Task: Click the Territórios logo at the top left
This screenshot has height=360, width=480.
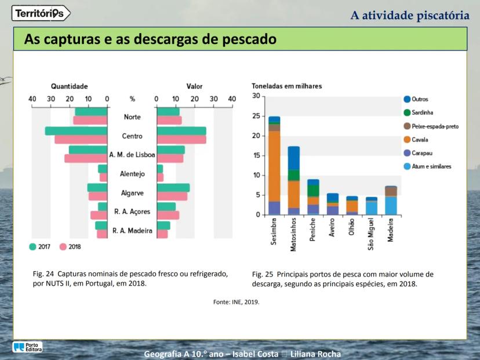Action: point(41,13)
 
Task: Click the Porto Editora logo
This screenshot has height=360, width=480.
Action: point(27,347)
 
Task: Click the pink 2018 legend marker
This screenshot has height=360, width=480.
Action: point(64,246)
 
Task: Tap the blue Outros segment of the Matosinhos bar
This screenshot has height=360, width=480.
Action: point(294,158)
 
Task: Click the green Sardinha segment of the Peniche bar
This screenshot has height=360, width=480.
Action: point(313,190)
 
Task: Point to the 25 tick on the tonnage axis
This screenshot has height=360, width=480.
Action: point(256,116)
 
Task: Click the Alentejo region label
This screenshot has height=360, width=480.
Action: point(132,173)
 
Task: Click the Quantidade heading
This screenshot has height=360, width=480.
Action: point(69,86)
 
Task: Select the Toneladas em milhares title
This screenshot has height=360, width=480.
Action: point(287,86)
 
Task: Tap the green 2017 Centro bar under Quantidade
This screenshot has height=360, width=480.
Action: point(77,131)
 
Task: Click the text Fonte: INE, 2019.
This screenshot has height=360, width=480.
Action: point(237,302)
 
